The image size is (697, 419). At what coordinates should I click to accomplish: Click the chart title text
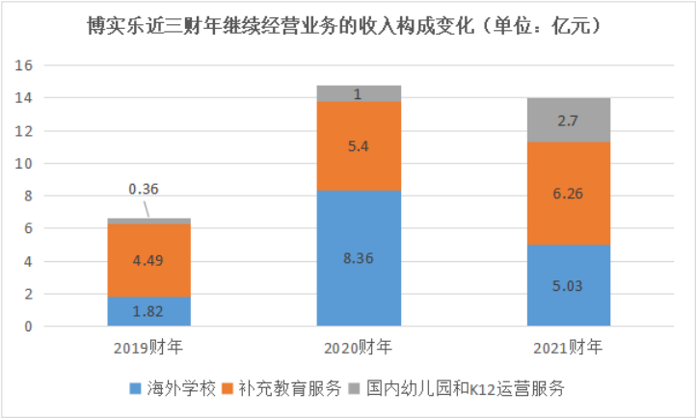[348, 27]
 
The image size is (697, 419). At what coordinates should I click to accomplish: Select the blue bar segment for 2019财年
[149, 311]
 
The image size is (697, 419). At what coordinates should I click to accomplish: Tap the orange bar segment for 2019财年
[149, 260]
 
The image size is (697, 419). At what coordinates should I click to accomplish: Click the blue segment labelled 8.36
[359, 258]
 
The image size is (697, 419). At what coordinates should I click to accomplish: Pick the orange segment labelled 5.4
[359, 145]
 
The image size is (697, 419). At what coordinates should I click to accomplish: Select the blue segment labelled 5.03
[569, 285]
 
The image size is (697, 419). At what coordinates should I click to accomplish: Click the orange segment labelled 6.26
[569, 194]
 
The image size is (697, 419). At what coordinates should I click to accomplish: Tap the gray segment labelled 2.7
[569, 120]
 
